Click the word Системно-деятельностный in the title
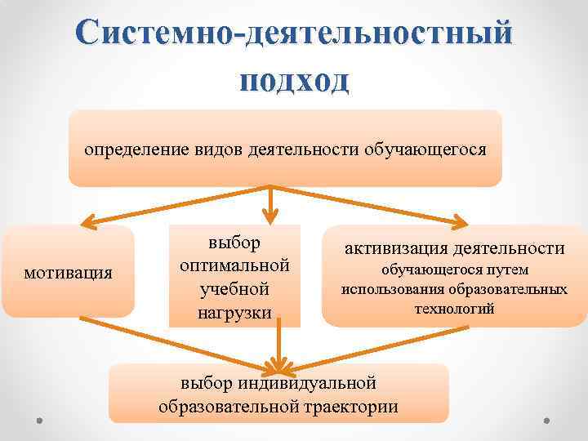(x=294, y=34)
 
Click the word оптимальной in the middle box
(x=234, y=266)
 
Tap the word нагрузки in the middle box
(x=234, y=312)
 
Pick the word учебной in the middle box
(x=234, y=289)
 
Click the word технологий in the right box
(x=454, y=310)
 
